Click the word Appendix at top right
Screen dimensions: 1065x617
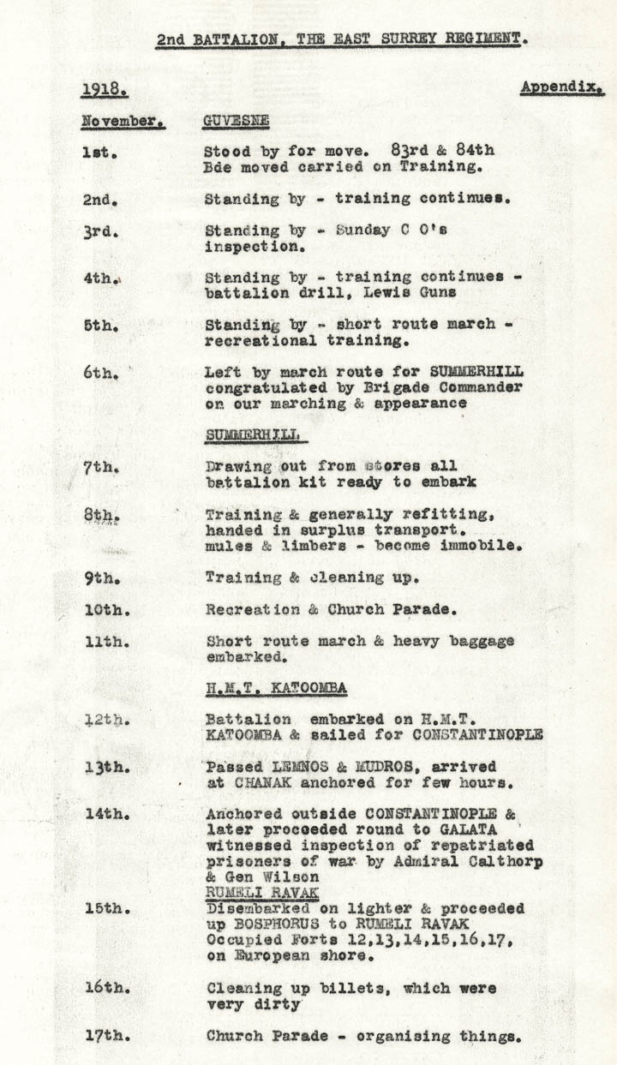tap(562, 88)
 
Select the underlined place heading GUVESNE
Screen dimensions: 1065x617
tap(235, 121)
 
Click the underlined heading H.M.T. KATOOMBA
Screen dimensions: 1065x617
tap(276, 688)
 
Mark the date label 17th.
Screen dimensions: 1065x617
tap(106, 1036)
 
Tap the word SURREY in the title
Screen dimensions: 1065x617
tap(388, 39)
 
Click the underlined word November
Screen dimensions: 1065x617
tap(123, 121)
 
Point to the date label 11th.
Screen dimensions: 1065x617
tap(106, 641)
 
